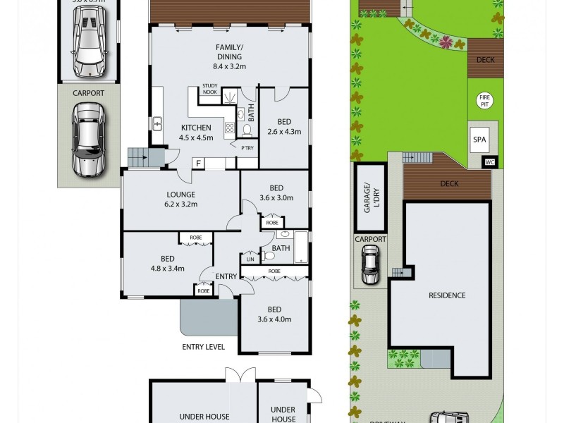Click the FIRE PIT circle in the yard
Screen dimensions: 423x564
pyautogui.click(x=484, y=101)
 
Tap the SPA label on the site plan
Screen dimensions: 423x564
pyautogui.click(x=479, y=140)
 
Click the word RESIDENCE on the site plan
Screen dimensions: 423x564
pyautogui.click(x=447, y=295)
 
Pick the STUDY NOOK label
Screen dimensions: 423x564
pyautogui.click(x=209, y=88)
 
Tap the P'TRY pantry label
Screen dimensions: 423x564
pyautogui.click(x=247, y=148)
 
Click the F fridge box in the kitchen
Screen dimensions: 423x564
pyautogui.click(x=199, y=164)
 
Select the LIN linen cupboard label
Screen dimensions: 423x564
pyautogui.click(x=250, y=259)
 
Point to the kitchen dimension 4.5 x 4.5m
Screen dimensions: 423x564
pyautogui.click(x=197, y=137)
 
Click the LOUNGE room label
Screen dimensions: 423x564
pyautogui.click(x=180, y=195)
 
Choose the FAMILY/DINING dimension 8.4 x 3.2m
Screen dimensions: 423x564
pyautogui.click(x=228, y=67)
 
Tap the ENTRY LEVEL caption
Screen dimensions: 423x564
pyautogui.click(x=204, y=347)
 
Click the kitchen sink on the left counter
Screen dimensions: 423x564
pyautogui.click(x=157, y=123)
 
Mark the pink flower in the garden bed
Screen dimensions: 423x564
pyautogui.click(x=446, y=42)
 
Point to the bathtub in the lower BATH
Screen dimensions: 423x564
pyautogui.click(x=301, y=247)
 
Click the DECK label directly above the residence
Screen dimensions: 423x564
pyautogui.click(x=449, y=184)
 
